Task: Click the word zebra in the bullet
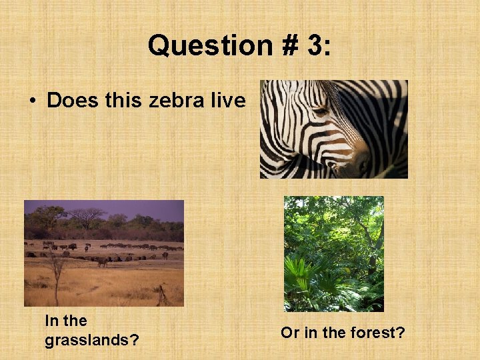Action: pos(177,101)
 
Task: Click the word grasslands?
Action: pos(91,340)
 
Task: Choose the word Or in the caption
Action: pos(290,332)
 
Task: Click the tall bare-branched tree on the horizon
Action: pos(87,217)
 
